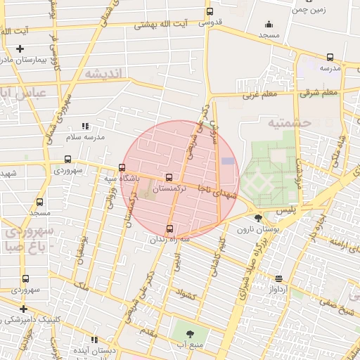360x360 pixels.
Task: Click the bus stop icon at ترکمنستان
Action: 168,178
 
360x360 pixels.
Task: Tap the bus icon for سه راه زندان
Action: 169,229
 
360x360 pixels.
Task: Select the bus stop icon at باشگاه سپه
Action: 122,168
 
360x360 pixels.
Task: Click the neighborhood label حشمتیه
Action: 289,122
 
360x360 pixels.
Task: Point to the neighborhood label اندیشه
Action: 103,74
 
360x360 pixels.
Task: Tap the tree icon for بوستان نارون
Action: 258,218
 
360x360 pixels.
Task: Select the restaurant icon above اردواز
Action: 279,278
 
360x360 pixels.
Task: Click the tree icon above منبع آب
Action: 191,333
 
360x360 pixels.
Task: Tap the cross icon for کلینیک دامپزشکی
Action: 23,308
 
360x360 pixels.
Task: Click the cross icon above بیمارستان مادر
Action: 20,49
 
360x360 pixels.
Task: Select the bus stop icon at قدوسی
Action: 210,11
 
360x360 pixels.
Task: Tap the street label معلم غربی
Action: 261,94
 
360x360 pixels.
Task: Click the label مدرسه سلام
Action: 86,136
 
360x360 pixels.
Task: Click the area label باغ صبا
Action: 30,247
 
